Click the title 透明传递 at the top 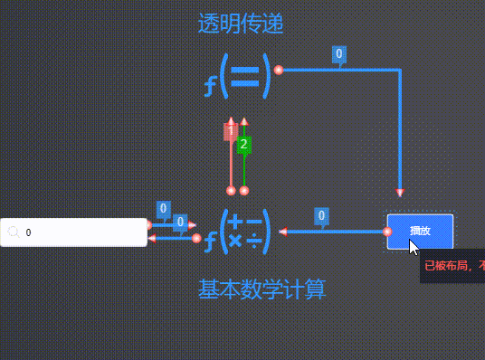[241, 24]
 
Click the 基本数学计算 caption [262, 289]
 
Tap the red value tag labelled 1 [231, 132]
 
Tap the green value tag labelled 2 [244, 145]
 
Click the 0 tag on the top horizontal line [339, 54]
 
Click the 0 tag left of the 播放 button [321, 216]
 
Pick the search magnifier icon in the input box [14, 232]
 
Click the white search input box [81, 232]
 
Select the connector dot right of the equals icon [279, 70]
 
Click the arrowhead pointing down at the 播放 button [400, 193]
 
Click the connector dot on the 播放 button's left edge [387, 232]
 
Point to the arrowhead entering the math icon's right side [283, 232]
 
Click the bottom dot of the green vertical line [244, 190]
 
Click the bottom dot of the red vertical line [231, 190]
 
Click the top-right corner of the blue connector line [400, 70]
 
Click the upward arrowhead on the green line [244, 121]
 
